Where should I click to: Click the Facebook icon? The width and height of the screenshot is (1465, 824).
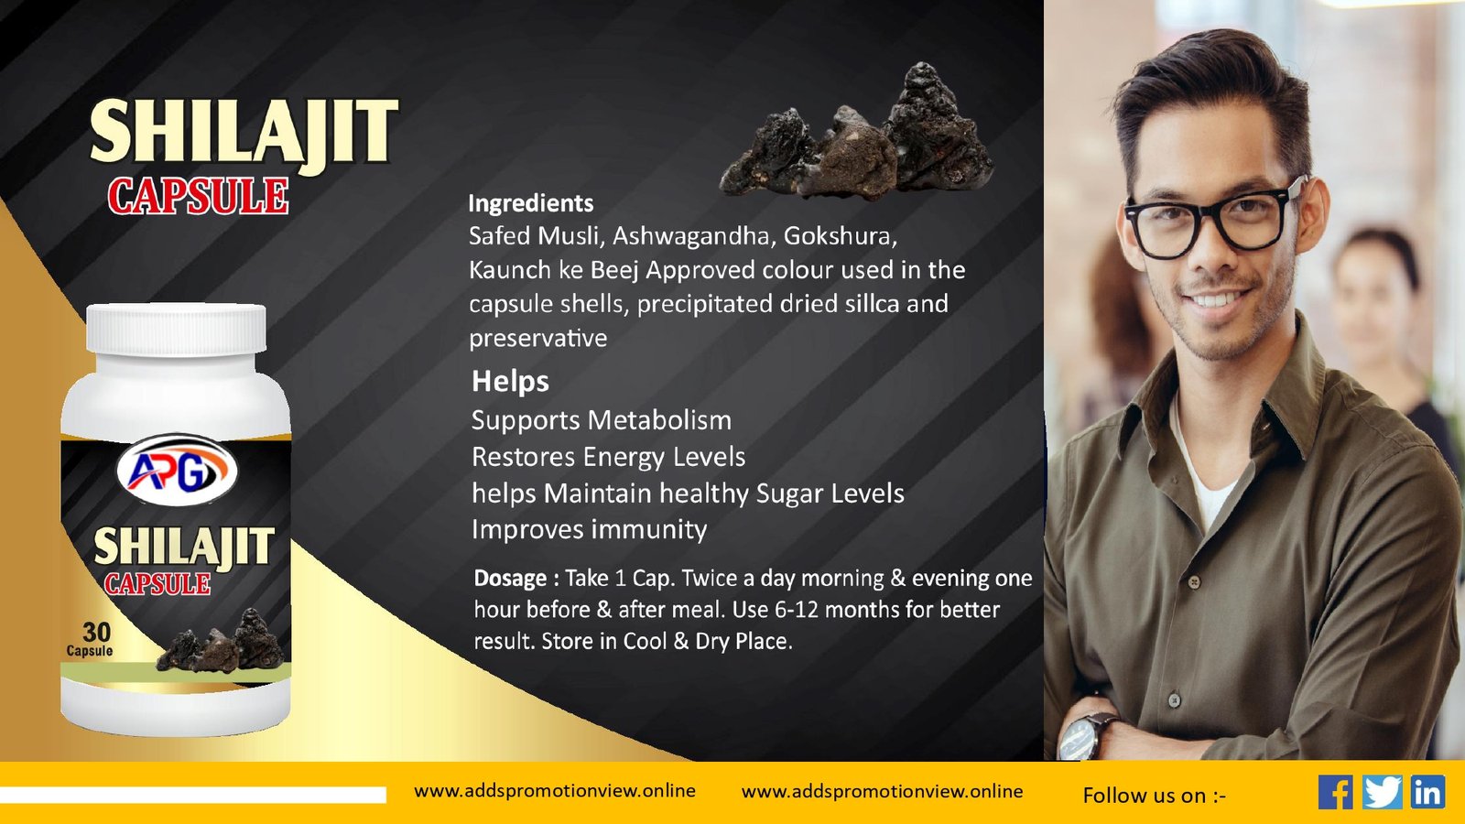pos(1336,792)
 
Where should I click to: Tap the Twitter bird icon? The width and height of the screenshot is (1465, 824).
pos(1382,792)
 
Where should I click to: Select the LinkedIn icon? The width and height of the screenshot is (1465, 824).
pos(1427,792)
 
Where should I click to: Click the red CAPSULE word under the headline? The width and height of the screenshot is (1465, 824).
pos(198,196)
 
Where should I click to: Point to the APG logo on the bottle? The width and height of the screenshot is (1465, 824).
pos(177,470)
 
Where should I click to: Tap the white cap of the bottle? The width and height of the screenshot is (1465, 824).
pos(177,329)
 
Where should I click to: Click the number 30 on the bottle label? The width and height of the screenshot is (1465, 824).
pos(97,633)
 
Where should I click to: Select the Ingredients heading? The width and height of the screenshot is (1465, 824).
pos(530,204)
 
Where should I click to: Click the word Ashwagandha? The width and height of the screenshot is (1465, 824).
pos(694,235)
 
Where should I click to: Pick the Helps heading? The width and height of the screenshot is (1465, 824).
pos(510,381)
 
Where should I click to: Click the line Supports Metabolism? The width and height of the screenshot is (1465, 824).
pos(601,420)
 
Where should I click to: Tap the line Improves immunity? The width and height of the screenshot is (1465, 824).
pos(590,529)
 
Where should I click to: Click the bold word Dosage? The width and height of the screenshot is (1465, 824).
pos(510,579)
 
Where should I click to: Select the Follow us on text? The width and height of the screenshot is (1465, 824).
pos(1155,796)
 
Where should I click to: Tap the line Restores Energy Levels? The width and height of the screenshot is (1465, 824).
pos(608,457)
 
